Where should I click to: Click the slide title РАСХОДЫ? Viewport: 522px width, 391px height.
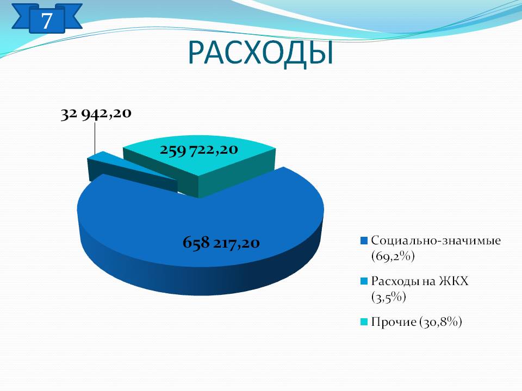click(x=260, y=53)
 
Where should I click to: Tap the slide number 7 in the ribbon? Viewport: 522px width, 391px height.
click(x=47, y=20)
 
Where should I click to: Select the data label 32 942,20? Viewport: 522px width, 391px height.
click(x=96, y=113)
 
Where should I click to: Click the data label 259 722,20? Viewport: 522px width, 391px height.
click(x=199, y=150)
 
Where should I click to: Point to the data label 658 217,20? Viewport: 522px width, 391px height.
click(x=221, y=242)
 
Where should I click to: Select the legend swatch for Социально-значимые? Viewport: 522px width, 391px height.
click(x=364, y=241)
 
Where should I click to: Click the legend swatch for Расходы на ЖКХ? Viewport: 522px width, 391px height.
click(x=364, y=281)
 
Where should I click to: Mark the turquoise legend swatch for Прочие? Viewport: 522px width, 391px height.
click(x=364, y=322)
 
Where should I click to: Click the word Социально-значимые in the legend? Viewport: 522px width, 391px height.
click(x=436, y=241)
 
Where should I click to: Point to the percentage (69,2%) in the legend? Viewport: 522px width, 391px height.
click(x=393, y=256)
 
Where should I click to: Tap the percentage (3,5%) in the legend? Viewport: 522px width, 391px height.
click(x=388, y=297)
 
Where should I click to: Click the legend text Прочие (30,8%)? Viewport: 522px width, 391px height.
click(x=417, y=322)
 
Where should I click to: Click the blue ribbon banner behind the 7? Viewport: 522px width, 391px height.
click(x=47, y=18)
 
